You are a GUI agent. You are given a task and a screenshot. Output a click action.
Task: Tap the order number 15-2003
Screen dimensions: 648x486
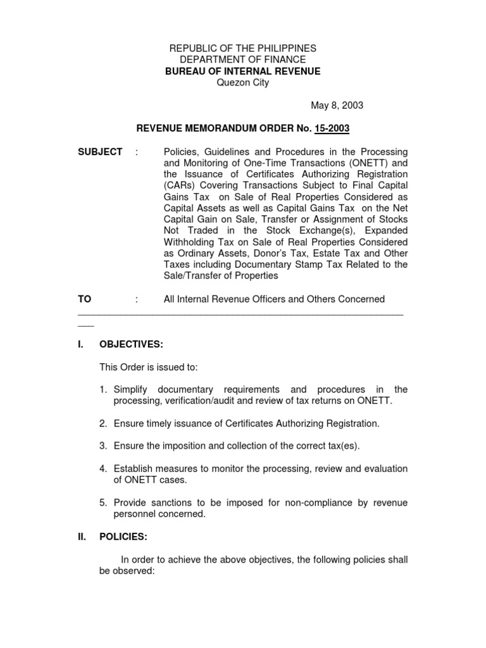(331, 129)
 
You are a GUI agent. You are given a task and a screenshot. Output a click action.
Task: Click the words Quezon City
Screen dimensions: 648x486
(243, 83)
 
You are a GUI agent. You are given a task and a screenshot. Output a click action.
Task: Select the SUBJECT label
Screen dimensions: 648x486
(100, 153)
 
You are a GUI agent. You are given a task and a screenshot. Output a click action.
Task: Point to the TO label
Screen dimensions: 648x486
(84, 299)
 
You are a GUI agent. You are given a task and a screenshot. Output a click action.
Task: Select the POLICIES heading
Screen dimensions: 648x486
(123, 537)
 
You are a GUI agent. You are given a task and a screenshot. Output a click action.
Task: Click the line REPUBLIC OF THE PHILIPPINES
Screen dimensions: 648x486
(243, 49)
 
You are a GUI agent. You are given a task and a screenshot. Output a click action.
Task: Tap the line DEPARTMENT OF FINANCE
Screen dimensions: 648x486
(243, 60)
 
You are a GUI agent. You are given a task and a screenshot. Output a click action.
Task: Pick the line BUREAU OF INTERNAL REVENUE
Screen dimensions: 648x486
(243, 72)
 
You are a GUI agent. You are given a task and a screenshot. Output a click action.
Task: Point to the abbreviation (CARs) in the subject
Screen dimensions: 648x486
(179, 186)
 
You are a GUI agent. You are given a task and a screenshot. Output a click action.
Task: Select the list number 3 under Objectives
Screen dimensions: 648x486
(103, 446)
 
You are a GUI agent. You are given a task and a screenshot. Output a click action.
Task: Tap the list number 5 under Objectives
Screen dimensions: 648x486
(103, 502)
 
